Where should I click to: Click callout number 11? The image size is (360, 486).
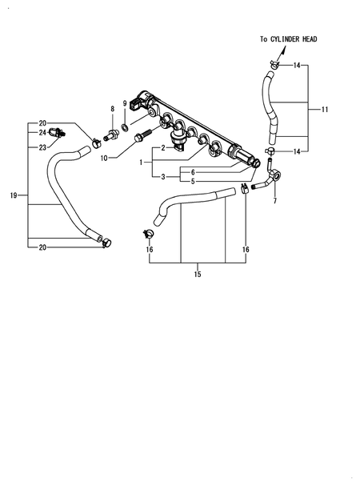pos(325,108)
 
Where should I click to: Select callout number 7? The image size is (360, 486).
pos(275,201)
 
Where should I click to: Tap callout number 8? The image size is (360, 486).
pos(113,108)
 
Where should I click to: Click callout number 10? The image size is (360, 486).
pos(103,159)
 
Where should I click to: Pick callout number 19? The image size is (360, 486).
pos(14,195)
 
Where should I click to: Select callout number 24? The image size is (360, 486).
pos(42,133)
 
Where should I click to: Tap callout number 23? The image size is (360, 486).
pos(42,147)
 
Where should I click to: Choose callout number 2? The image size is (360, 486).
pos(163,148)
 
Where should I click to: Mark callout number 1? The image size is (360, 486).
pos(143,162)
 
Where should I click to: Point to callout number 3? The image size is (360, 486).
pos(163,176)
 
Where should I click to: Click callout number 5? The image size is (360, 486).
pos(193,181)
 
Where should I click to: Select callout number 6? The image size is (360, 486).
pos(193,171)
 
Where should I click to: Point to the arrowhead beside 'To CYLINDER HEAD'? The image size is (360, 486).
pos(282,50)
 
